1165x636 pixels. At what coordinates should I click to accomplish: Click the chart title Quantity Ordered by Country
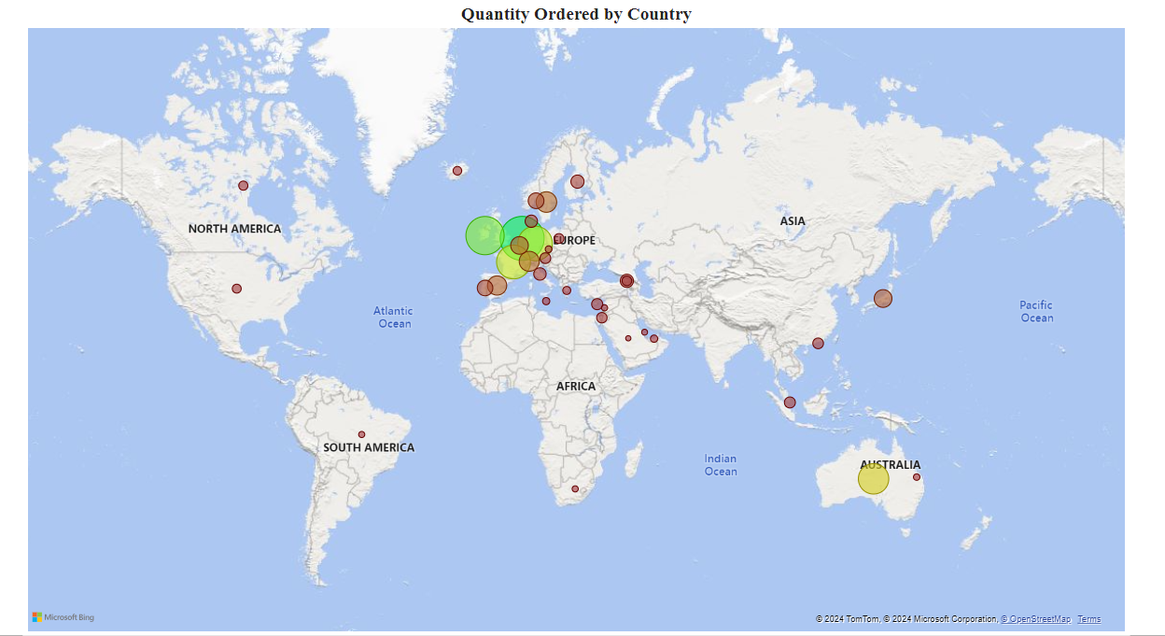576,14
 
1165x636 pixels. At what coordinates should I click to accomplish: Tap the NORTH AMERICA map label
234,229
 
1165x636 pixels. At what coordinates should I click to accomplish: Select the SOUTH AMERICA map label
369,447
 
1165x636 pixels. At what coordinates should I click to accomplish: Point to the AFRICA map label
576,386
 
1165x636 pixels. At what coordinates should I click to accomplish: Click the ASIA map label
793,221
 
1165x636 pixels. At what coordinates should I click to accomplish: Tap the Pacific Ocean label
1036,312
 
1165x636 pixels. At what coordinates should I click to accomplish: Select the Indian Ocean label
721,465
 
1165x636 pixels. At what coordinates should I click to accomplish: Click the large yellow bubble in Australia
874,479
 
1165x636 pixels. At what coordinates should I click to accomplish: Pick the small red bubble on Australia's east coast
917,477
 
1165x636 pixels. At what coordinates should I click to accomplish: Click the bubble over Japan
883,299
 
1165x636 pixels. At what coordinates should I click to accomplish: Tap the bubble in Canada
244,186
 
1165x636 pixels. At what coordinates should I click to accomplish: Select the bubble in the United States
237,289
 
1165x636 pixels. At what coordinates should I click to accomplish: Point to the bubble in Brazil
361,434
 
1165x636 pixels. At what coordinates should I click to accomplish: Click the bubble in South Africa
575,489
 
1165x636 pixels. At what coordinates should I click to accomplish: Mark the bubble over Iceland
457,171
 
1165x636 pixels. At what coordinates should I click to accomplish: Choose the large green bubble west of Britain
484,235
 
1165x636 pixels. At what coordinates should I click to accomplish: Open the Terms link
1089,619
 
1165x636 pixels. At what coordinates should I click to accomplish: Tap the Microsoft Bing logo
63,617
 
